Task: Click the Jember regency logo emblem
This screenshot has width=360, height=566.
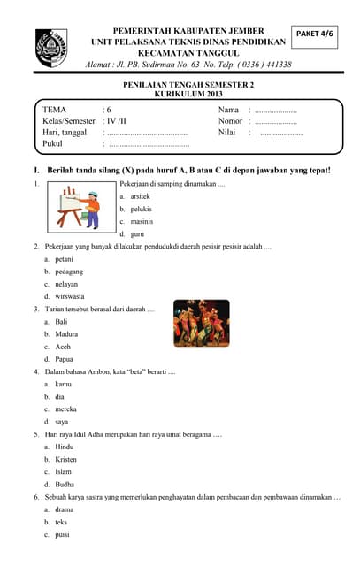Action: (50, 47)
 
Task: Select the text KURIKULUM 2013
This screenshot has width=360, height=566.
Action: (189, 93)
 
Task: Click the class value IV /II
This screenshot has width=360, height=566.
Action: (116, 120)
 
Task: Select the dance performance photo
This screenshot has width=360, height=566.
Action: (201, 323)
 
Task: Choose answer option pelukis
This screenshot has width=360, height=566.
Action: (141, 208)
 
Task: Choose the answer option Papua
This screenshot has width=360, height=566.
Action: (65, 359)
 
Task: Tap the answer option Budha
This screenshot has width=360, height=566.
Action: (65, 485)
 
